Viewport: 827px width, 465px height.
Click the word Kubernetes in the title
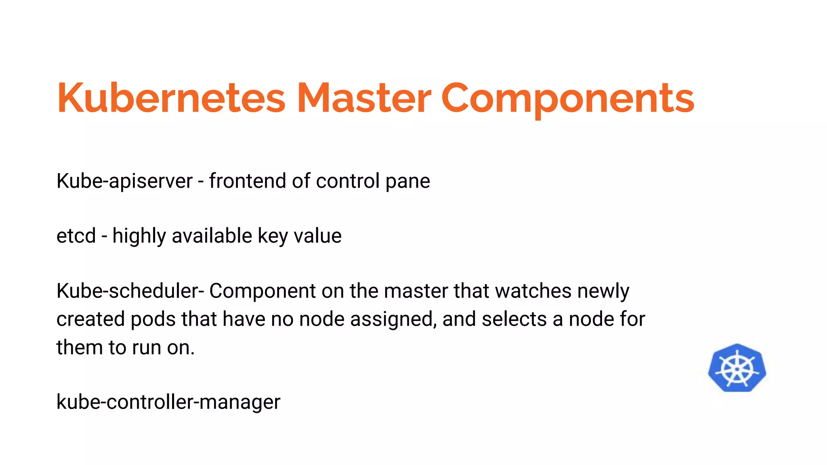click(x=171, y=98)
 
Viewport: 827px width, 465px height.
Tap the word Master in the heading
click(x=364, y=98)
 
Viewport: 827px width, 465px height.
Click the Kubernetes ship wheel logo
click(x=737, y=368)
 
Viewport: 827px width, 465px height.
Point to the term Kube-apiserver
click(x=124, y=181)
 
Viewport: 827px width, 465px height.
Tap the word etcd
click(x=76, y=236)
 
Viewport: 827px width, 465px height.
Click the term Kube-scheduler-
click(x=130, y=291)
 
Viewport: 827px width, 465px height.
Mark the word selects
click(x=514, y=319)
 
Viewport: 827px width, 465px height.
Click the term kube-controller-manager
click(x=168, y=402)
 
